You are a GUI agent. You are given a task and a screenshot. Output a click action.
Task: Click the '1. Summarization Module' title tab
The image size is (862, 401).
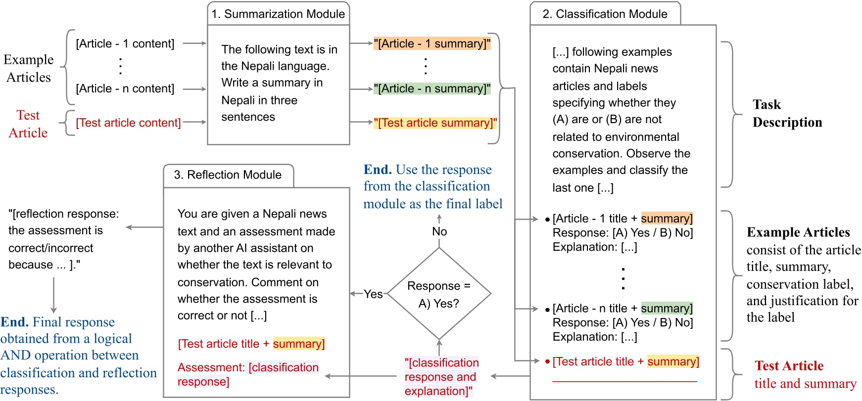278,14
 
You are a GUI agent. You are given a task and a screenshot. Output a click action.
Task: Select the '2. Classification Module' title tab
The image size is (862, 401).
605,14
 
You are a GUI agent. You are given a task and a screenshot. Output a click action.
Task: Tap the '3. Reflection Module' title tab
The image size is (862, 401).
228,175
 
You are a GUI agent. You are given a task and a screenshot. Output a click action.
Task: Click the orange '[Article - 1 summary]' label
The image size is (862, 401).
432,44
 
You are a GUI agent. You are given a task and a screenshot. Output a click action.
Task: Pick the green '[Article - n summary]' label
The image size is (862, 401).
432,89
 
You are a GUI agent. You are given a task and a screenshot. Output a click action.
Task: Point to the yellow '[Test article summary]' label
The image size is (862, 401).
435,123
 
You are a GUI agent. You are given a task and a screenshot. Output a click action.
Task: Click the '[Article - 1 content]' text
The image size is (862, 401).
125,44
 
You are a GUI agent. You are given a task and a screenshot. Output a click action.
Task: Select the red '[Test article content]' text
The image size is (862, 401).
128,123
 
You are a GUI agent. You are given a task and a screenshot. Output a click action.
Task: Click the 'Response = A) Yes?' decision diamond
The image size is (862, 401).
439,294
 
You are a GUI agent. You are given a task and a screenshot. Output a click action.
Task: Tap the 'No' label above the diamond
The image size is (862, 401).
439,231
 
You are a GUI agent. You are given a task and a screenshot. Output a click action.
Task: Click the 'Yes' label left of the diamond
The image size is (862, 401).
373,294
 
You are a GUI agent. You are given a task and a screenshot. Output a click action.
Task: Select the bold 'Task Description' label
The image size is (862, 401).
787,113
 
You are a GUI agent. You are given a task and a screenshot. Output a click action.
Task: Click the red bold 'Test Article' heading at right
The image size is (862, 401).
789,366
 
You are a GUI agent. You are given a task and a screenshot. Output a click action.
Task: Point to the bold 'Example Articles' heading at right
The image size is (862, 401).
798,232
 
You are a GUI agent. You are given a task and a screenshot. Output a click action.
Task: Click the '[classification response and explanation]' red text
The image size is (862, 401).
441,377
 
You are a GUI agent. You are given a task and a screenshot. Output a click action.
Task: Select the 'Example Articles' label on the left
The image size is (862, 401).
29,68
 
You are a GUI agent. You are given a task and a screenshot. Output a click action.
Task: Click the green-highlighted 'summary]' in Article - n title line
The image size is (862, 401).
667,309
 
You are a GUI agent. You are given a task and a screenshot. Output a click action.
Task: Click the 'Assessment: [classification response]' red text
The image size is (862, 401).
247,374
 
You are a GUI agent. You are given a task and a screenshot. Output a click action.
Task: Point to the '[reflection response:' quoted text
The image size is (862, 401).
63,214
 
